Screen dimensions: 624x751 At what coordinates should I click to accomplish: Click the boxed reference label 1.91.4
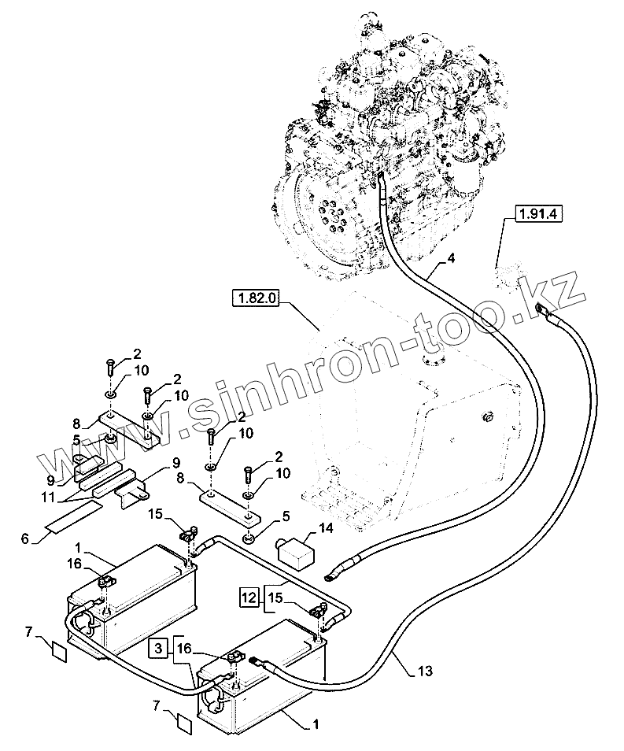538,213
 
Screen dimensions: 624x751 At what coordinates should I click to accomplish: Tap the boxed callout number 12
249,597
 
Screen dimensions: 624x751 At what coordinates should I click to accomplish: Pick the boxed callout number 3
158,649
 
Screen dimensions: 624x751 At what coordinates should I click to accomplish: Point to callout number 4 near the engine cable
451,259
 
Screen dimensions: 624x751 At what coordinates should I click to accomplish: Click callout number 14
326,528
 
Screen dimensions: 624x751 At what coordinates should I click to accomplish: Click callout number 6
25,538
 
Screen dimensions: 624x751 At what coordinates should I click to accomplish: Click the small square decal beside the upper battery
59,653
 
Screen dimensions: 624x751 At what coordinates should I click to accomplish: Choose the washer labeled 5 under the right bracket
249,540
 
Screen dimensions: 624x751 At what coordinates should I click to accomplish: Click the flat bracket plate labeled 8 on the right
231,509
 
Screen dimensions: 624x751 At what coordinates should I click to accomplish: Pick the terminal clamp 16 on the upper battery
105,583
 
